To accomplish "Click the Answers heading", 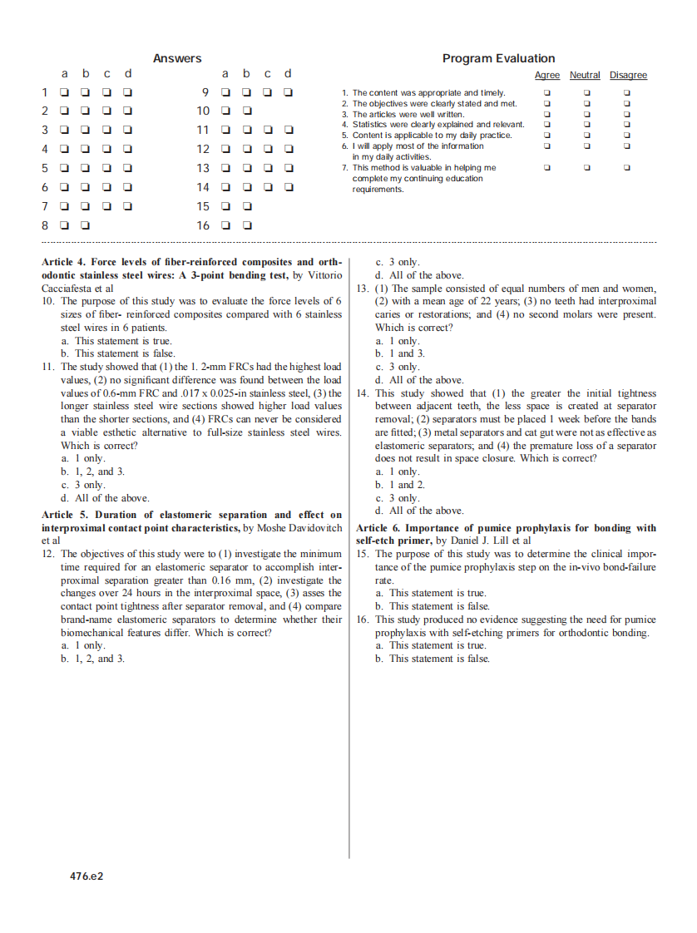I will pos(177,58).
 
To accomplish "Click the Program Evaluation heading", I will pos(498,58).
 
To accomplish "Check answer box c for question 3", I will pos(107,130).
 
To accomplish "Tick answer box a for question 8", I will pos(65,225).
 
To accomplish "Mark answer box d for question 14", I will pos(289,187).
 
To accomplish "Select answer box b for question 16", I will pos(247,225).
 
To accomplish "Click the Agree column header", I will pos(546,75).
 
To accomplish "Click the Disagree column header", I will pos(628,75).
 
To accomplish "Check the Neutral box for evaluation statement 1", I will pos(586,93).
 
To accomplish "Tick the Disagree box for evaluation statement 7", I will pos(627,168).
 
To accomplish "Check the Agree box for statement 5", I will pos(546,136).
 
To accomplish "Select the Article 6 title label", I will pos(378,528).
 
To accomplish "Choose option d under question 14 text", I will pos(419,511).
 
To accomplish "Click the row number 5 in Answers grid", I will pos(45,168).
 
